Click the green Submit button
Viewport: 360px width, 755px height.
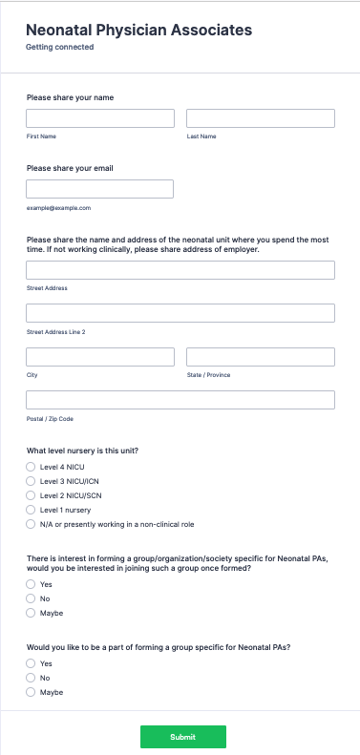tap(182, 737)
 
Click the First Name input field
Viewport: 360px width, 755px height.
tap(100, 118)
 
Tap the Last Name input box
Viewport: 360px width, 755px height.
tap(260, 118)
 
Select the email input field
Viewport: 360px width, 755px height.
tap(100, 189)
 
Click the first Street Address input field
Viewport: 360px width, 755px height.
tap(180, 270)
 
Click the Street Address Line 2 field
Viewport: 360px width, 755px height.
tap(180, 313)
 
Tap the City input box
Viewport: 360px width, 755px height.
tap(100, 357)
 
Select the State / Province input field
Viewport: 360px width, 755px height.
tap(260, 357)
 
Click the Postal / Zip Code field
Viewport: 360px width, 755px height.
tap(180, 400)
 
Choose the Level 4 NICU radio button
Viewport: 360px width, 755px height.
tap(31, 468)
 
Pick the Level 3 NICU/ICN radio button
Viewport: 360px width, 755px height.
tap(31, 482)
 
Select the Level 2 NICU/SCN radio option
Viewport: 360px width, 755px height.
tap(31, 496)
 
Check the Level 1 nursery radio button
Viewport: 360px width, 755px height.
tap(31, 511)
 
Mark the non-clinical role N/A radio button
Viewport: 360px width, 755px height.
tap(31, 525)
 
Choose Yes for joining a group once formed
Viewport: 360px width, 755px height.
tap(31, 584)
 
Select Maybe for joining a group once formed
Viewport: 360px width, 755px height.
tap(31, 613)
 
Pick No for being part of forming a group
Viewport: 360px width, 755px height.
tap(31, 678)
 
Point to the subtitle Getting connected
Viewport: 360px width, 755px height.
tap(59, 47)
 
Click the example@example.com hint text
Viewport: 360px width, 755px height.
tap(58, 207)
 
